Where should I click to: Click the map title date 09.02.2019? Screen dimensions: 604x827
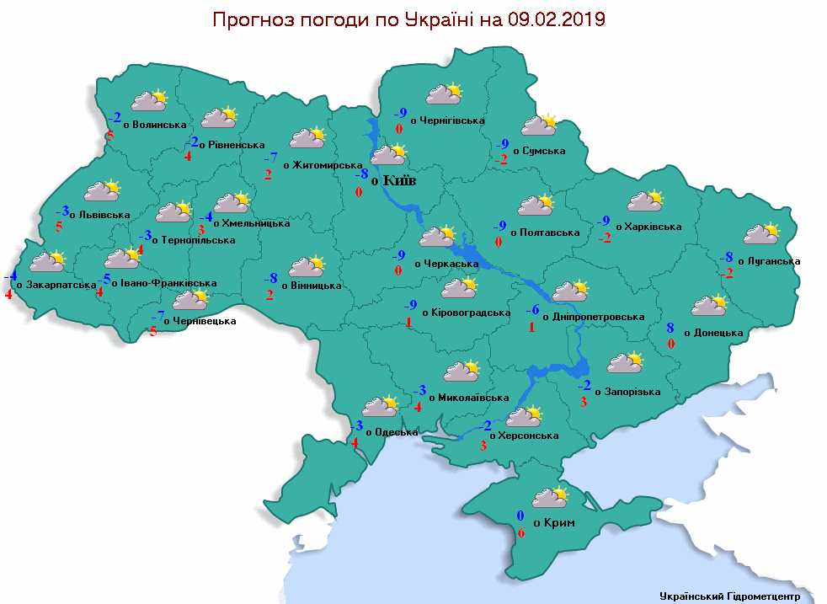tap(557, 19)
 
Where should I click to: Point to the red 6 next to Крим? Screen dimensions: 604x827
tap(521, 532)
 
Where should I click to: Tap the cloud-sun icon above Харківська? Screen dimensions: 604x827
tap(645, 201)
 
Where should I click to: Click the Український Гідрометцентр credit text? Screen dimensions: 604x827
tap(728, 595)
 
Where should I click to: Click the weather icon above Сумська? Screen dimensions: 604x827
tap(540, 126)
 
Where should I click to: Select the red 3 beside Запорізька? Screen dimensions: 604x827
tap(584, 403)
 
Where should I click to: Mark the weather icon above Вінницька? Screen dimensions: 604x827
tap(307, 267)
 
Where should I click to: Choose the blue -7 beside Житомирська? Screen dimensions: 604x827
tap(270, 158)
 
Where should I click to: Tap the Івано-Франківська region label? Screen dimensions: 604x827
tap(163, 283)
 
